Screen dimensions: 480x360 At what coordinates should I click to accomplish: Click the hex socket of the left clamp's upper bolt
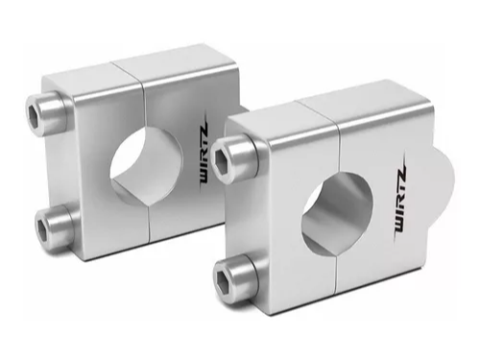point(33,112)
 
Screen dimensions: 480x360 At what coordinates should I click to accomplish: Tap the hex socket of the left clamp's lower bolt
point(42,228)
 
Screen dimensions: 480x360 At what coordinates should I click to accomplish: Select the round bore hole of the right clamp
point(338,212)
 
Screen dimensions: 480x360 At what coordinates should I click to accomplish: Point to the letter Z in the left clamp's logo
point(204,129)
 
